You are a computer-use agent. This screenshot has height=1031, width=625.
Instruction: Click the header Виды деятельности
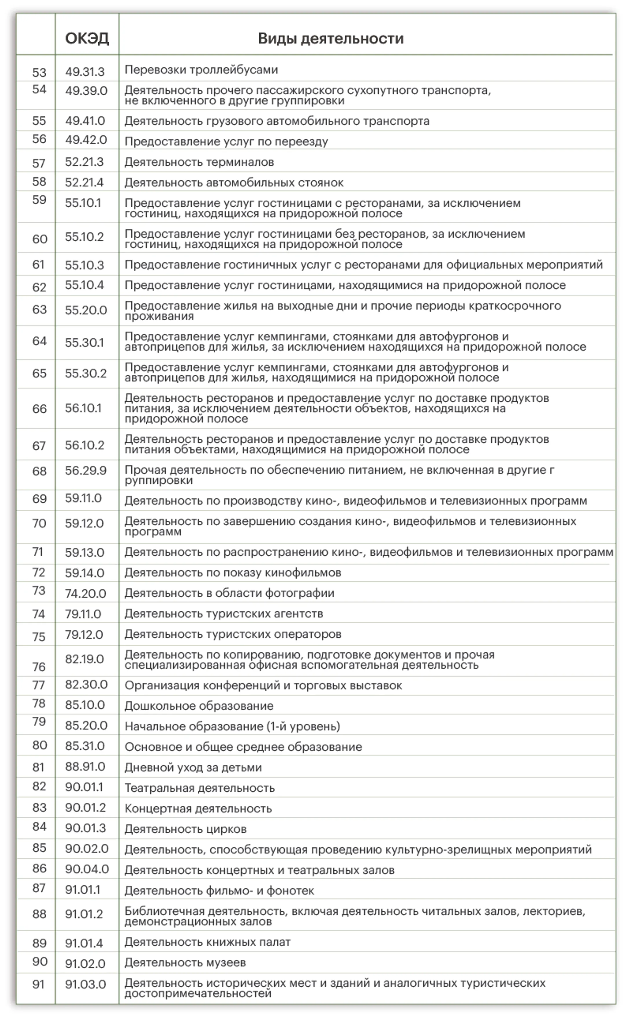pos(330,38)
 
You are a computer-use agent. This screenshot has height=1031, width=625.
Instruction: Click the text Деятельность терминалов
pos(199,162)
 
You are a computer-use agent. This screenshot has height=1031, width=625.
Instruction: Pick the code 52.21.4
pos(84,182)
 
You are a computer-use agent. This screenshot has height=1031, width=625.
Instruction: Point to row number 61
pos(38,265)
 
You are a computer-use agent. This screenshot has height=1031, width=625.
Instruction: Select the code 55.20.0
pos(86,310)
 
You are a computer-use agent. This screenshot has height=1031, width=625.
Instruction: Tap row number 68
pos(39,471)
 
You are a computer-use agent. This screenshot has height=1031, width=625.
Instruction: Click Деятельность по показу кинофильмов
pos(233,573)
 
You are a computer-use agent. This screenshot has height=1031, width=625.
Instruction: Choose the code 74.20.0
pos(85,593)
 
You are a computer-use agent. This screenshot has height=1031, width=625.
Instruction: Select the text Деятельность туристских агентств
pos(223,613)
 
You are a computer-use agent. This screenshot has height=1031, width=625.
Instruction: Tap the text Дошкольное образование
pos(199,706)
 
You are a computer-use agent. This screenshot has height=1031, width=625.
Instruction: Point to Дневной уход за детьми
pos(193,767)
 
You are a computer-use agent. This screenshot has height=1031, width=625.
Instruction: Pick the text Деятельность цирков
pos(185,829)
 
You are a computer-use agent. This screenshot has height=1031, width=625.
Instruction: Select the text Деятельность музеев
pos(185,962)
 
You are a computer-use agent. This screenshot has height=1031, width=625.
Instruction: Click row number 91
pos(38,984)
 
